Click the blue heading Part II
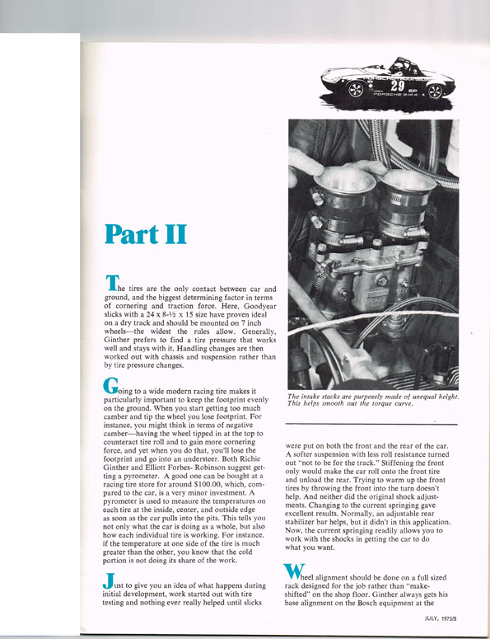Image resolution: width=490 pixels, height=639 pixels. (145, 234)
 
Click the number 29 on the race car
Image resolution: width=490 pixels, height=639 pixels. (397, 86)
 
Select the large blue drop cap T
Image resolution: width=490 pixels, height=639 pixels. (112, 283)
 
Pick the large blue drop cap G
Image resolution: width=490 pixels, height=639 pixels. (110, 386)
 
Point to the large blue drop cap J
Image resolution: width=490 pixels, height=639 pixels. (108, 580)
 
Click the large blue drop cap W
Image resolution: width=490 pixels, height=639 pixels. (294, 571)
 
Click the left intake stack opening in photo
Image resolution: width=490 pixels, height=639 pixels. (345, 180)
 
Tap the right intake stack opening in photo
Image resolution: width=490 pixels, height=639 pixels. (408, 180)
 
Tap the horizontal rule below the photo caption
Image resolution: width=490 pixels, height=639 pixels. (371, 425)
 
